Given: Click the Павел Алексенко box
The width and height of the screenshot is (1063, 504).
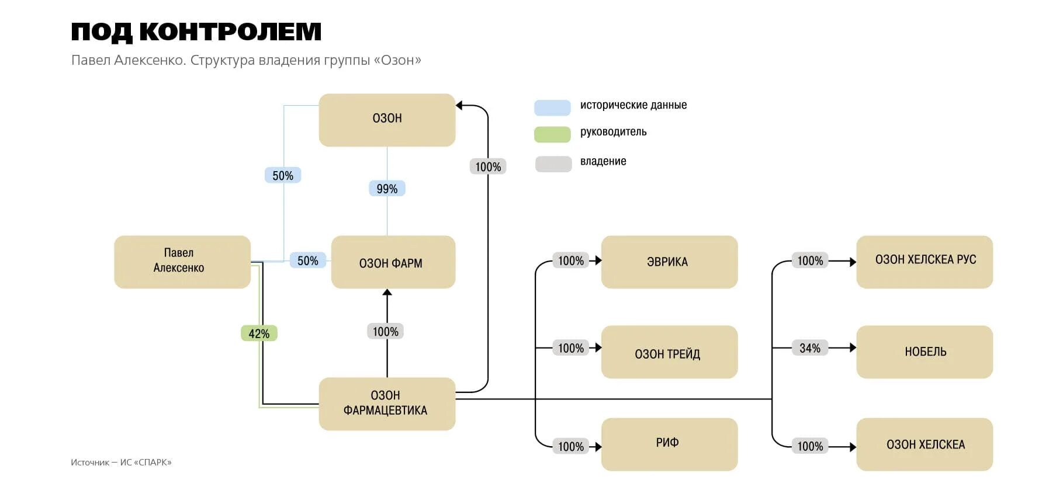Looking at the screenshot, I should coord(182,261).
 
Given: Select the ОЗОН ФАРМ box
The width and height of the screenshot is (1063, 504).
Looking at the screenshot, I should coord(393,262).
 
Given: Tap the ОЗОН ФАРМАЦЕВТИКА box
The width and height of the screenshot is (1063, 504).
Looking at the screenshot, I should coord(386,404).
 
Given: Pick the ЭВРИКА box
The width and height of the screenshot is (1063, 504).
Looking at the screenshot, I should coord(669,262).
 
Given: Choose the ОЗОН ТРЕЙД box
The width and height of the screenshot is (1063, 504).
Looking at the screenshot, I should coord(669,352).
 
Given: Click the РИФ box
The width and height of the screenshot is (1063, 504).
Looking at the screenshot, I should coord(669,444).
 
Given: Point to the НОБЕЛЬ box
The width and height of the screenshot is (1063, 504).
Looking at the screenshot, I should coord(924,352).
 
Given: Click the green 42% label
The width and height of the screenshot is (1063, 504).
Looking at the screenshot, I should coord(259,333).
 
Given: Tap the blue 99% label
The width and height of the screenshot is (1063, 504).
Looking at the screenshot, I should coord(387,189).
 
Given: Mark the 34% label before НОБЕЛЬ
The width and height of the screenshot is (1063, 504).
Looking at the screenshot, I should coord(809,348).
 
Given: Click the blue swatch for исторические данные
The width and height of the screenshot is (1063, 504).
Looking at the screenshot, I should coord(552,107).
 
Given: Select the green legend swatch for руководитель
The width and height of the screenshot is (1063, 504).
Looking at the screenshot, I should coord(552,134).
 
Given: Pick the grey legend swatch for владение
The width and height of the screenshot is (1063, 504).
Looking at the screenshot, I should coord(553,164).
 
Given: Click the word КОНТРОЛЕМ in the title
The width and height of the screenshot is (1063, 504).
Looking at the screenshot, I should coord(230,32).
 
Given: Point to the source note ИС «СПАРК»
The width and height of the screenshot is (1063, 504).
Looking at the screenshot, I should coord(146,463).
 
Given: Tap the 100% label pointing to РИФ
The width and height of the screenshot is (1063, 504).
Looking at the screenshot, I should coord(571,447).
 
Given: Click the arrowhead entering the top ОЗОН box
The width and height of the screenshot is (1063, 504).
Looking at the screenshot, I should coord(459,106).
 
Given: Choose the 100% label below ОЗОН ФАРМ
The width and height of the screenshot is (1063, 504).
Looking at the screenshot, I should coord(386,332).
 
